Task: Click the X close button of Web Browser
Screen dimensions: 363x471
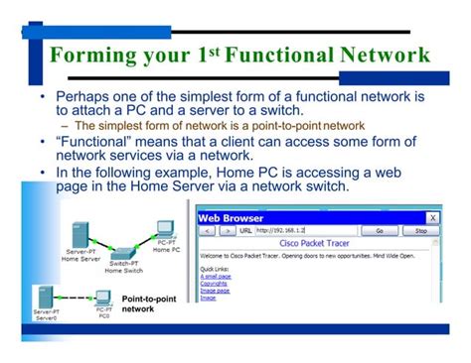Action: pyautogui.click(x=431, y=215)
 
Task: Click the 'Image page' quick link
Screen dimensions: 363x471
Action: pyautogui.click(x=214, y=290)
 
